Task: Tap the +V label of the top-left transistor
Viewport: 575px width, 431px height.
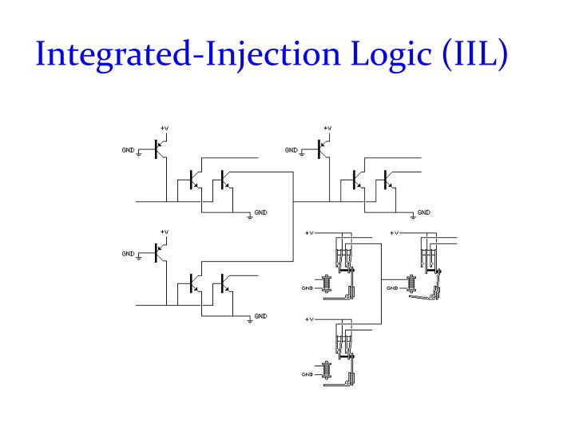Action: click(x=165, y=129)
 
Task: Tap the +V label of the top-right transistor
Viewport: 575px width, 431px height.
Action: click(x=327, y=129)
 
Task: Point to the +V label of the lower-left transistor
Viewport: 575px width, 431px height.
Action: click(x=165, y=232)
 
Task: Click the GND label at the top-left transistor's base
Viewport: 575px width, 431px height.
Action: click(x=128, y=149)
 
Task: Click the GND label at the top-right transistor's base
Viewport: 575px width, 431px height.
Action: click(x=291, y=149)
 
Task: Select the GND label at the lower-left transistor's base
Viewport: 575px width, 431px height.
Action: click(x=128, y=254)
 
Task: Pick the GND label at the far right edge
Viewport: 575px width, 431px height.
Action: click(x=424, y=212)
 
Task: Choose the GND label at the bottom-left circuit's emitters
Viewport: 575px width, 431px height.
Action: click(x=260, y=316)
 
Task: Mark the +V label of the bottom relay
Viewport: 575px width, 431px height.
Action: click(x=310, y=319)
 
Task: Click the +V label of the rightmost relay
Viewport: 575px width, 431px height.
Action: click(x=395, y=233)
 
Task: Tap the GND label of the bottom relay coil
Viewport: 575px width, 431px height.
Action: click(x=307, y=374)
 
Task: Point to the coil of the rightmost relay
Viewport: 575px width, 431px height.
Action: click(x=412, y=285)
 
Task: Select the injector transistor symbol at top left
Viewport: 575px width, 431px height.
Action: click(x=160, y=148)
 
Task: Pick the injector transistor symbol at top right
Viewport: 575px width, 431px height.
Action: click(x=323, y=148)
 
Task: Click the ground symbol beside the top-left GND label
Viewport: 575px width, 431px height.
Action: click(x=140, y=153)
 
